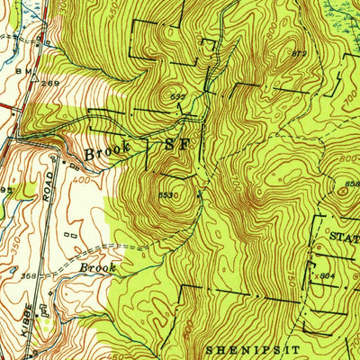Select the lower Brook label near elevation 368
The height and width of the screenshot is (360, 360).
pos(98,267)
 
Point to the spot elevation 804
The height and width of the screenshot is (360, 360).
pos(328,275)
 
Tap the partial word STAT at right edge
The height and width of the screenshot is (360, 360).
pos(343,238)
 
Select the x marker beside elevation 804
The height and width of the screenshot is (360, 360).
pos(313,274)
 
